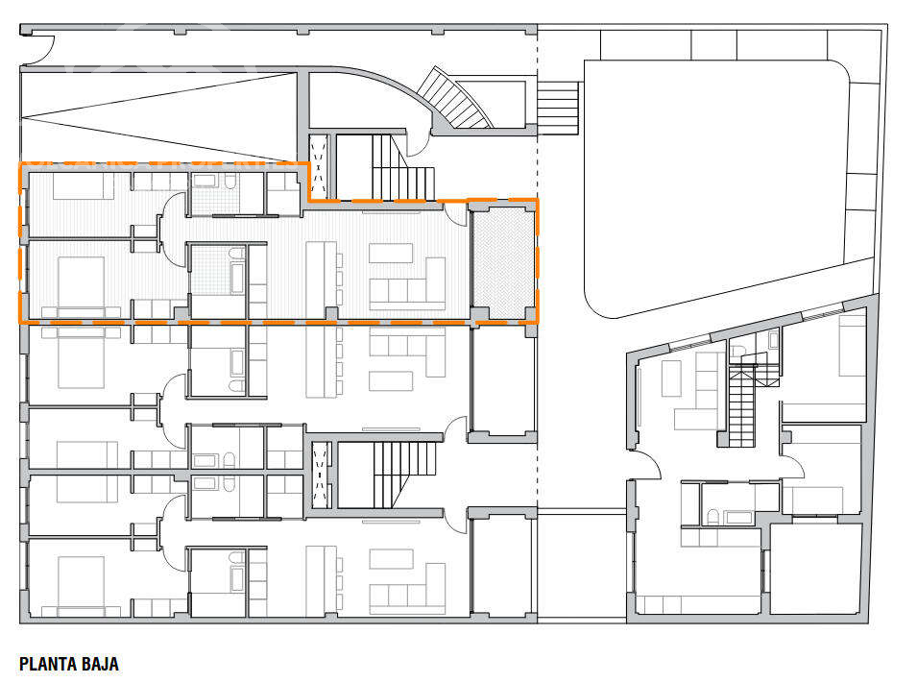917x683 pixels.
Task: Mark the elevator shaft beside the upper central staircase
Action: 319,167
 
